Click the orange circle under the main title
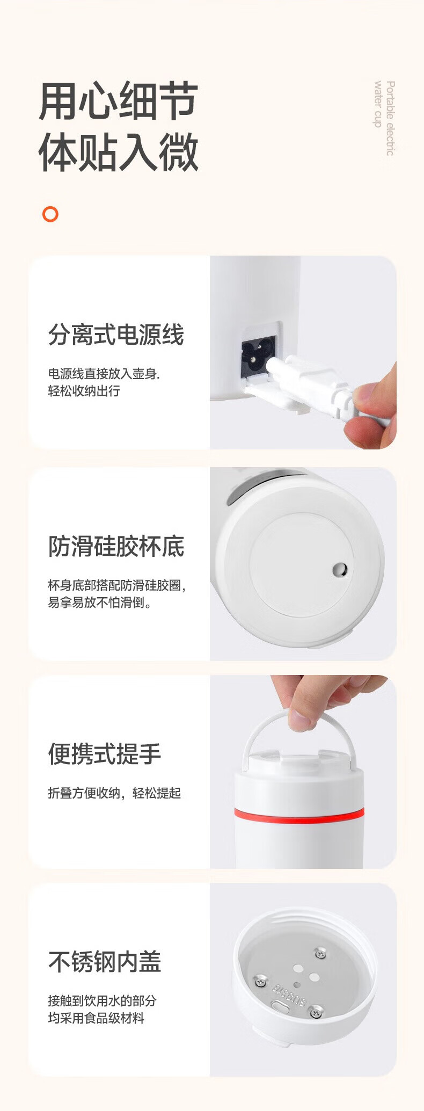[x=50, y=214]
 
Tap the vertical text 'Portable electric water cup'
[x=384, y=118]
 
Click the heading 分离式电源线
[x=116, y=335]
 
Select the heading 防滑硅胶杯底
[x=116, y=547]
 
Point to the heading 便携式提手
[x=105, y=754]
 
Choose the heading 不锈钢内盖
[x=105, y=962]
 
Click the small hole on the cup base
[x=340, y=569]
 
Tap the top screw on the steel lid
[x=320, y=954]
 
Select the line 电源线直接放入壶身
[x=104, y=373]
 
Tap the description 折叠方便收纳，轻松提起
[x=114, y=793]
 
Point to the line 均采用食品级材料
[x=96, y=1018]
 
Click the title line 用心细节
[x=119, y=101]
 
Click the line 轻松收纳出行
[x=84, y=391]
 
